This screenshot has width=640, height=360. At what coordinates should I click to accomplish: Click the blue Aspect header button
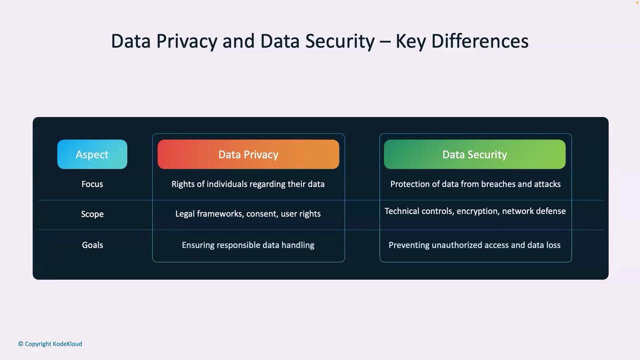(92, 154)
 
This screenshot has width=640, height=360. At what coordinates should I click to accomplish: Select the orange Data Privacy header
(248, 154)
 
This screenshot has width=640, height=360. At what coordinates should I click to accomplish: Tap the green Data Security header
(475, 154)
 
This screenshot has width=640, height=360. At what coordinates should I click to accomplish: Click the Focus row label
(92, 184)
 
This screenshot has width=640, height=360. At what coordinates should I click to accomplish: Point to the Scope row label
(92, 214)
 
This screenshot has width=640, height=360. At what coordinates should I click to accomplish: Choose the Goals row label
(92, 245)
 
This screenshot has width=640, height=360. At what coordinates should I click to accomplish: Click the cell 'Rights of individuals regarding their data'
(248, 184)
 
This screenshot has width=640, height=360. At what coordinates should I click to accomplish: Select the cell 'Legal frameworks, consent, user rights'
(248, 214)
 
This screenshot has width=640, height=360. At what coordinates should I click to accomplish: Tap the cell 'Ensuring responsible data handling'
(248, 245)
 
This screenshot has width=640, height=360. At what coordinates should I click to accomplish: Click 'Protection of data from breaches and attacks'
(475, 184)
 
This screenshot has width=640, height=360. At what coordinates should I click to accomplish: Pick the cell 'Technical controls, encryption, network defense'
(475, 211)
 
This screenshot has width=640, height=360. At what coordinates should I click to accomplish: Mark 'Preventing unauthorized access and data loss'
(475, 245)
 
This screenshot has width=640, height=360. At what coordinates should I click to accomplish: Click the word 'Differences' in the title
(480, 41)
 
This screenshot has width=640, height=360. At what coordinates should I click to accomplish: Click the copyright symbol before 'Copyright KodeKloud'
(21, 344)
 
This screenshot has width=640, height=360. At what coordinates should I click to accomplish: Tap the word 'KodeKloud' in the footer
(67, 344)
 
